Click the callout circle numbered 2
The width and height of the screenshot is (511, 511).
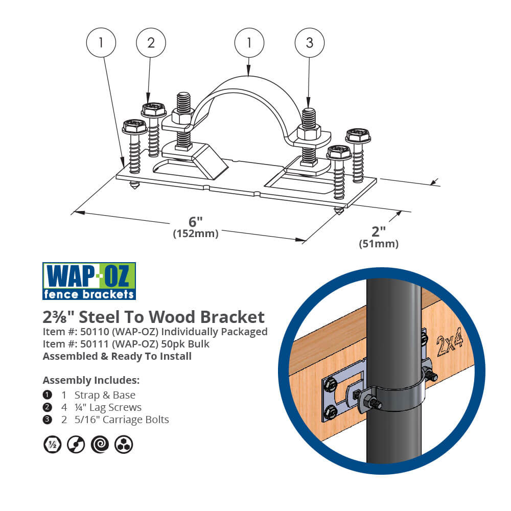click(150, 43)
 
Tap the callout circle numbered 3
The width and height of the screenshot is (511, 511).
click(309, 43)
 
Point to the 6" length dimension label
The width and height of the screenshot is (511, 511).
click(196, 222)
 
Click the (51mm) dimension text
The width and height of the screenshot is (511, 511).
click(379, 244)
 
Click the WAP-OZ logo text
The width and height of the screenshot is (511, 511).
click(89, 276)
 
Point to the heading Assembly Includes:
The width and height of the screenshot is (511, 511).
click(90, 380)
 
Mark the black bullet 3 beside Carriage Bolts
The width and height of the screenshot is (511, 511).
click(48, 420)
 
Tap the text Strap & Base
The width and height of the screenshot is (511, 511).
click(105, 395)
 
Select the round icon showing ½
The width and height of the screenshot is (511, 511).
click(52, 444)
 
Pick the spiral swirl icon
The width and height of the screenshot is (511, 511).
click(100, 444)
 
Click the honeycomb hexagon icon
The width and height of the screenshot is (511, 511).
click(124, 444)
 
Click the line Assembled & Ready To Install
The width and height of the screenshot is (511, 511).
click(117, 356)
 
